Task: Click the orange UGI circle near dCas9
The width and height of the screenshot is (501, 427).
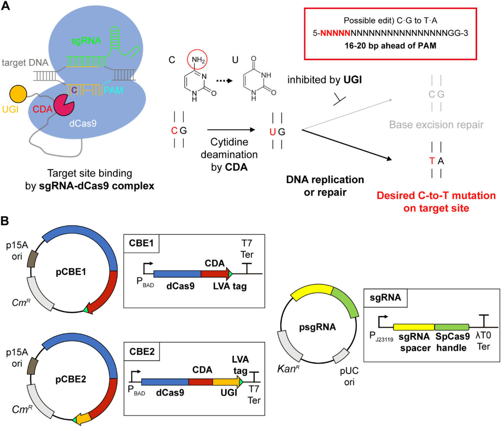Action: [18, 94]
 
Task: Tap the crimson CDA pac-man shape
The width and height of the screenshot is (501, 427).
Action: [63, 105]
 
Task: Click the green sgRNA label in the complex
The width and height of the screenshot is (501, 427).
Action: [86, 41]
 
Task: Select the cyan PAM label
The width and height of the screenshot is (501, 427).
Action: [113, 90]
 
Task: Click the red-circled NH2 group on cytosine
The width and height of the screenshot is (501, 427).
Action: [198, 60]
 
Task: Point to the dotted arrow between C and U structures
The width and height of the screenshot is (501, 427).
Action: [224, 81]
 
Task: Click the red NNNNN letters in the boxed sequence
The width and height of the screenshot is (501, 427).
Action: [335, 33]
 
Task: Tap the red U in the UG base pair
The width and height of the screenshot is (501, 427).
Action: [273, 132]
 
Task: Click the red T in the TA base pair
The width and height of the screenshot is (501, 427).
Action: [432, 161]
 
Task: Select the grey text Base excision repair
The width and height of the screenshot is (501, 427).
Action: [436, 125]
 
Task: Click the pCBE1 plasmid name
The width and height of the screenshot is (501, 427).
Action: [71, 272]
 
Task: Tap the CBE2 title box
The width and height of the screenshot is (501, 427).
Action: [142, 352]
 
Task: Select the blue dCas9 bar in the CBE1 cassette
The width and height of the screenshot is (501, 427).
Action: [177, 274]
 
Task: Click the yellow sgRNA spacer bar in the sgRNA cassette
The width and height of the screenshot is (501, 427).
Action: [413, 327]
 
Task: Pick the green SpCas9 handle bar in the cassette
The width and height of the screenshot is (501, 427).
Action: [452, 327]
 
